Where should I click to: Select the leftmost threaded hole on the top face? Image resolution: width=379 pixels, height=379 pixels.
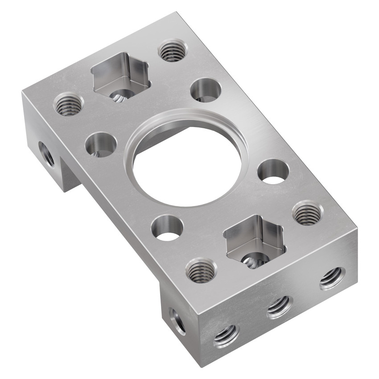pyautogui.click(x=69, y=104)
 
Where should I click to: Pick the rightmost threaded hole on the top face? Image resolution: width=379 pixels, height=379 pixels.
pyautogui.click(x=307, y=213)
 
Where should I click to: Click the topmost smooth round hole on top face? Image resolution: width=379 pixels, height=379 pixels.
pyautogui.click(x=206, y=90)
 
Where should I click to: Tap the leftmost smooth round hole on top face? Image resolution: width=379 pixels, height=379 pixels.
pyautogui.click(x=101, y=144)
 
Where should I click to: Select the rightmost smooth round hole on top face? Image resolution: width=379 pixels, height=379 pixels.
pyautogui.click(x=273, y=171)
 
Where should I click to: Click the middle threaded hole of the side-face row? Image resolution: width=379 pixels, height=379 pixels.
pyautogui.click(x=280, y=307)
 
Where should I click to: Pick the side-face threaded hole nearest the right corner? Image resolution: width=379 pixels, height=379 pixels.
pyautogui.click(x=332, y=278)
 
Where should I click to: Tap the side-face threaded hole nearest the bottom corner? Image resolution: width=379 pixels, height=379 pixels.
pyautogui.click(x=226, y=335)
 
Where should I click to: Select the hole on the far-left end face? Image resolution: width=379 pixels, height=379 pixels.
pyautogui.click(x=46, y=154)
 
